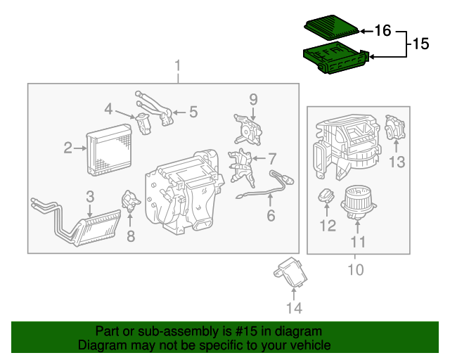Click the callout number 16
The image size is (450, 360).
(x=382, y=31)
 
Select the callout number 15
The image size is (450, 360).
(x=420, y=44)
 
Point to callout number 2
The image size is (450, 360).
(x=68, y=148)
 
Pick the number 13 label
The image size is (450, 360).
(x=398, y=163)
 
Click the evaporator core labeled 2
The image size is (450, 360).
(x=108, y=145)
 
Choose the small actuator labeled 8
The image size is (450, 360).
(x=130, y=201)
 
